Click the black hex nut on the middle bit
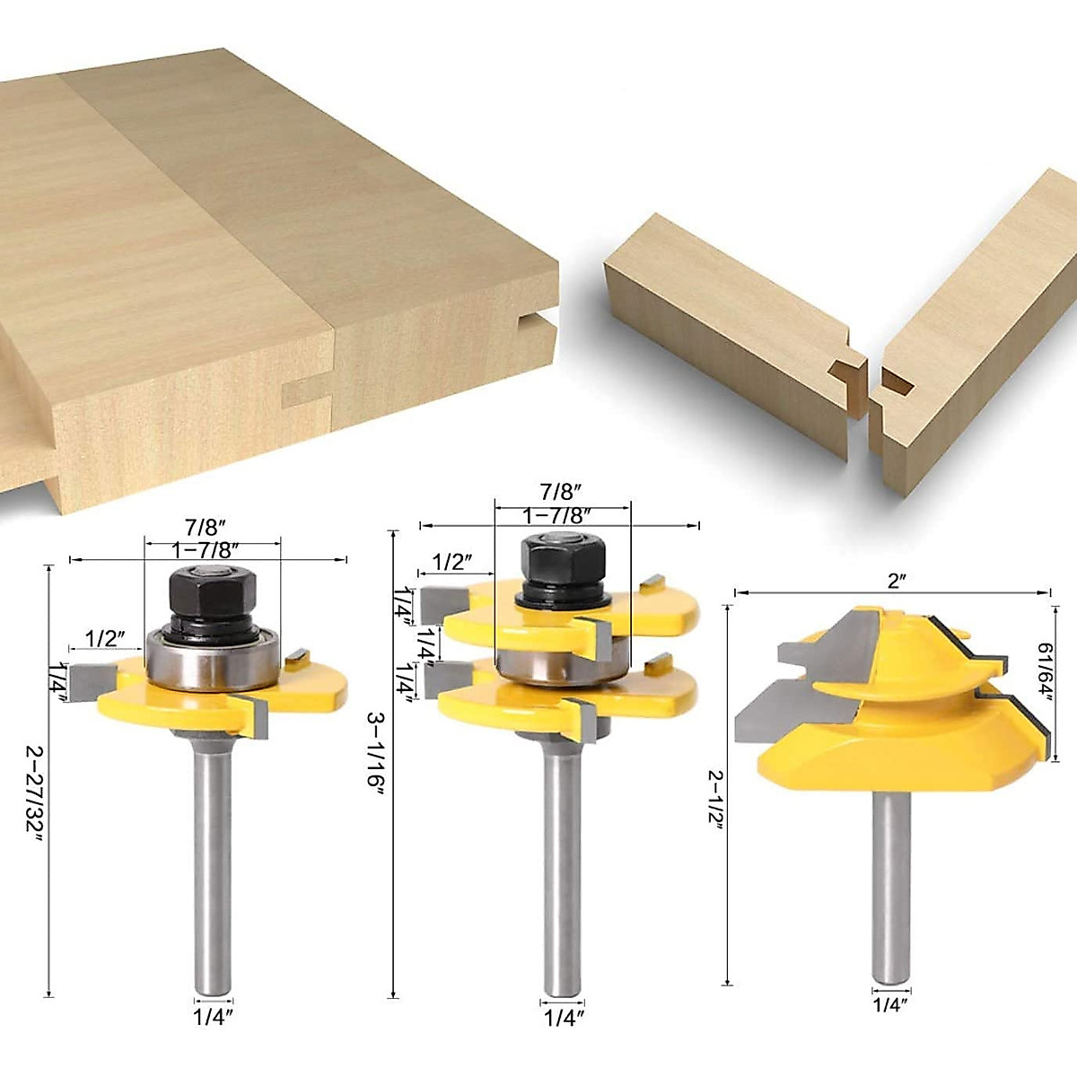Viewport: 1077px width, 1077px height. coord(556,563)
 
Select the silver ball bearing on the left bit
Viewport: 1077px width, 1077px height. coord(214,661)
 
